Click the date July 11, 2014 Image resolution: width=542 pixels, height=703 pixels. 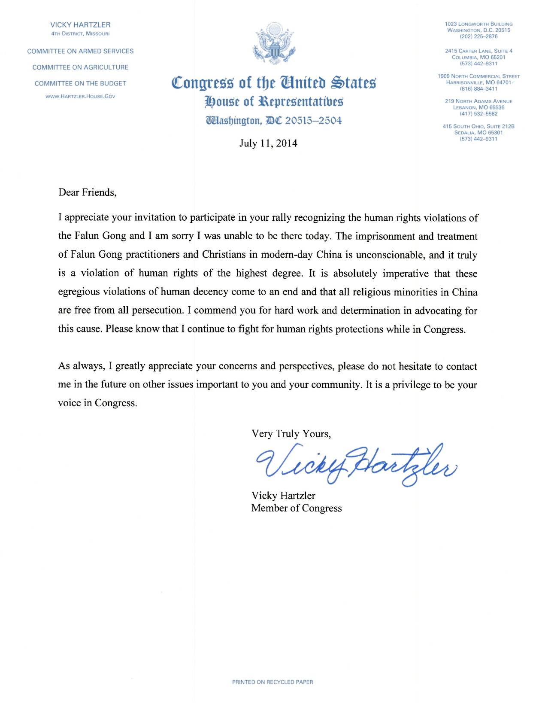point(268,143)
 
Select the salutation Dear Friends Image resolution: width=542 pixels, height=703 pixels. point(87,192)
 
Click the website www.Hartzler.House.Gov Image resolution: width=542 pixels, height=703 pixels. point(80,96)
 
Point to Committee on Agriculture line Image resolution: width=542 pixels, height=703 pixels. point(80,67)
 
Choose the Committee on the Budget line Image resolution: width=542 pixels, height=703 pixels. point(80,83)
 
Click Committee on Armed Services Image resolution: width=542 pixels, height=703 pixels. point(80,51)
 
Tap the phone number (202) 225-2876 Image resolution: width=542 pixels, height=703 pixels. point(478,37)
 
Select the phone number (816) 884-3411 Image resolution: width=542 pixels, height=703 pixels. point(478,89)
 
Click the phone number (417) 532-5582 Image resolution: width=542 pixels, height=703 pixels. point(478,114)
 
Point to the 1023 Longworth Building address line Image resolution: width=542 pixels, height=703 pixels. point(478,24)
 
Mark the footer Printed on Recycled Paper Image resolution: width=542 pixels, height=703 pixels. point(273,682)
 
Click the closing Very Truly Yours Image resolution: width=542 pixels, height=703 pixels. point(291,434)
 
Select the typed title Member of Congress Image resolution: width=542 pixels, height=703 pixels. point(296,508)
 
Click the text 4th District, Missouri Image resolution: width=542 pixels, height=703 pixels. point(80,33)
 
